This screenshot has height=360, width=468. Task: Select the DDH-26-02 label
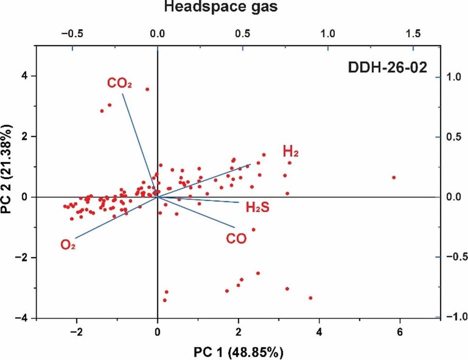[x=388, y=68]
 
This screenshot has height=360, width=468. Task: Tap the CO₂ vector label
[x=120, y=84]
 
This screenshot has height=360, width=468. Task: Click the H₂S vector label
[x=257, y=208]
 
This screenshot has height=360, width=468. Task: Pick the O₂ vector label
[x=68, y=246]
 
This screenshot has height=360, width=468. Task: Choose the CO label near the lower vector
[x=236, y=238]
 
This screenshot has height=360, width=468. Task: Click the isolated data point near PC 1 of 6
[x=394, y=178]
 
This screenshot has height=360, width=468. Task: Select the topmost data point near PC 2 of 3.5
[x=147, y=89]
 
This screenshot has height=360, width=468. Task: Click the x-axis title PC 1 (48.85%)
[x=234, y=350]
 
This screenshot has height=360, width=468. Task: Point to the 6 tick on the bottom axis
[x=400, y=332]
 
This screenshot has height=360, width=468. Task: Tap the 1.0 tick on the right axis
[x=453, y=77]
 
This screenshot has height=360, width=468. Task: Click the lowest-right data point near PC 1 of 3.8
[x=311, y=298]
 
